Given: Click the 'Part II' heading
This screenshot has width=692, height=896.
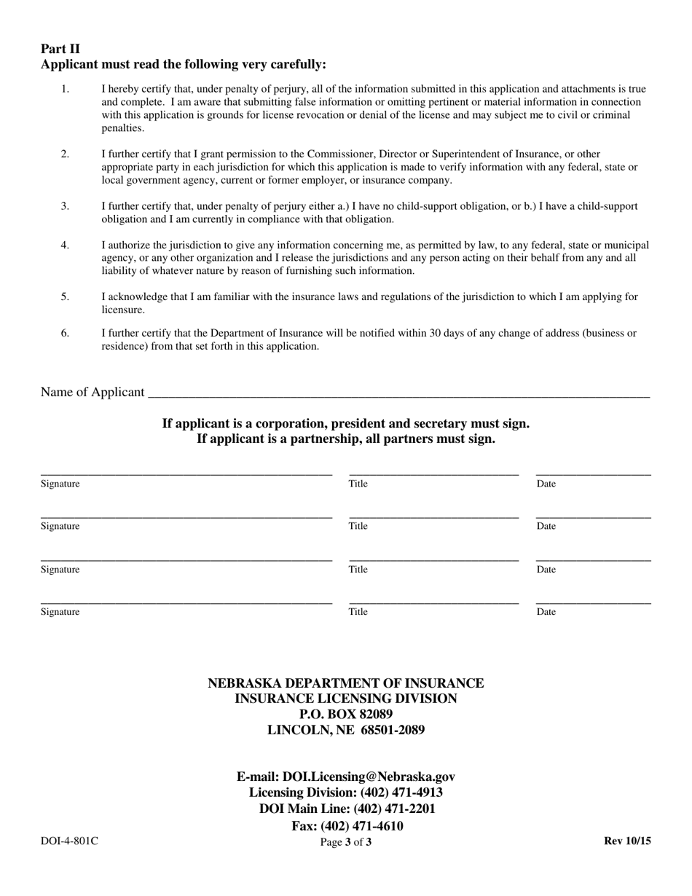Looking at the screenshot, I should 60,50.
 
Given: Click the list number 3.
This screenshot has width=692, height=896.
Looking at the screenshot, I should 65,206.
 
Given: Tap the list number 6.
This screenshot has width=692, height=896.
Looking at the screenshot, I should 65,333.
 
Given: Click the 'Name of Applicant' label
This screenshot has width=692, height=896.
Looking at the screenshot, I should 93,392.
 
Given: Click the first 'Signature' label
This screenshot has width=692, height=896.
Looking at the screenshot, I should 60,484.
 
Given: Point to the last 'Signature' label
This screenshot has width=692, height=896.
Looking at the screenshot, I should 60,612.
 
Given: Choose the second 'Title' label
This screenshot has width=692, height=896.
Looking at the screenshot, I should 358,526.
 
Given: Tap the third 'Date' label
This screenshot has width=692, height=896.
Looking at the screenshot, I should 546,570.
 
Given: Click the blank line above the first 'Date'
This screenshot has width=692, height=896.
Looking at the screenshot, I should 593,474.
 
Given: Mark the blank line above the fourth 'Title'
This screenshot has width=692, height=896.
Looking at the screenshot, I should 433,603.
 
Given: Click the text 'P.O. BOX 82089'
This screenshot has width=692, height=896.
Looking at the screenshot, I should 346,714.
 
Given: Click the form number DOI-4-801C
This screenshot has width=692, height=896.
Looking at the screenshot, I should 69,841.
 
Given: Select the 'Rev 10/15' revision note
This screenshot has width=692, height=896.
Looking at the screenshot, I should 627,841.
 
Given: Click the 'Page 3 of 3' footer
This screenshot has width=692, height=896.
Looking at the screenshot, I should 346,843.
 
